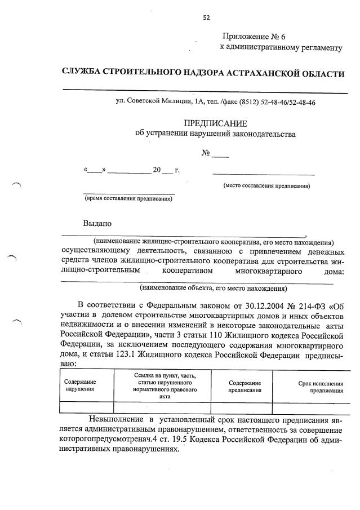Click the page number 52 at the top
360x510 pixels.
click(206, 17)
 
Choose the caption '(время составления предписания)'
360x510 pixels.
click(128, 198)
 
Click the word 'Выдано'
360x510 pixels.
click(97, 223)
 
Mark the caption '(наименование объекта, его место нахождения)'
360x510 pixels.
click(213, 289)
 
